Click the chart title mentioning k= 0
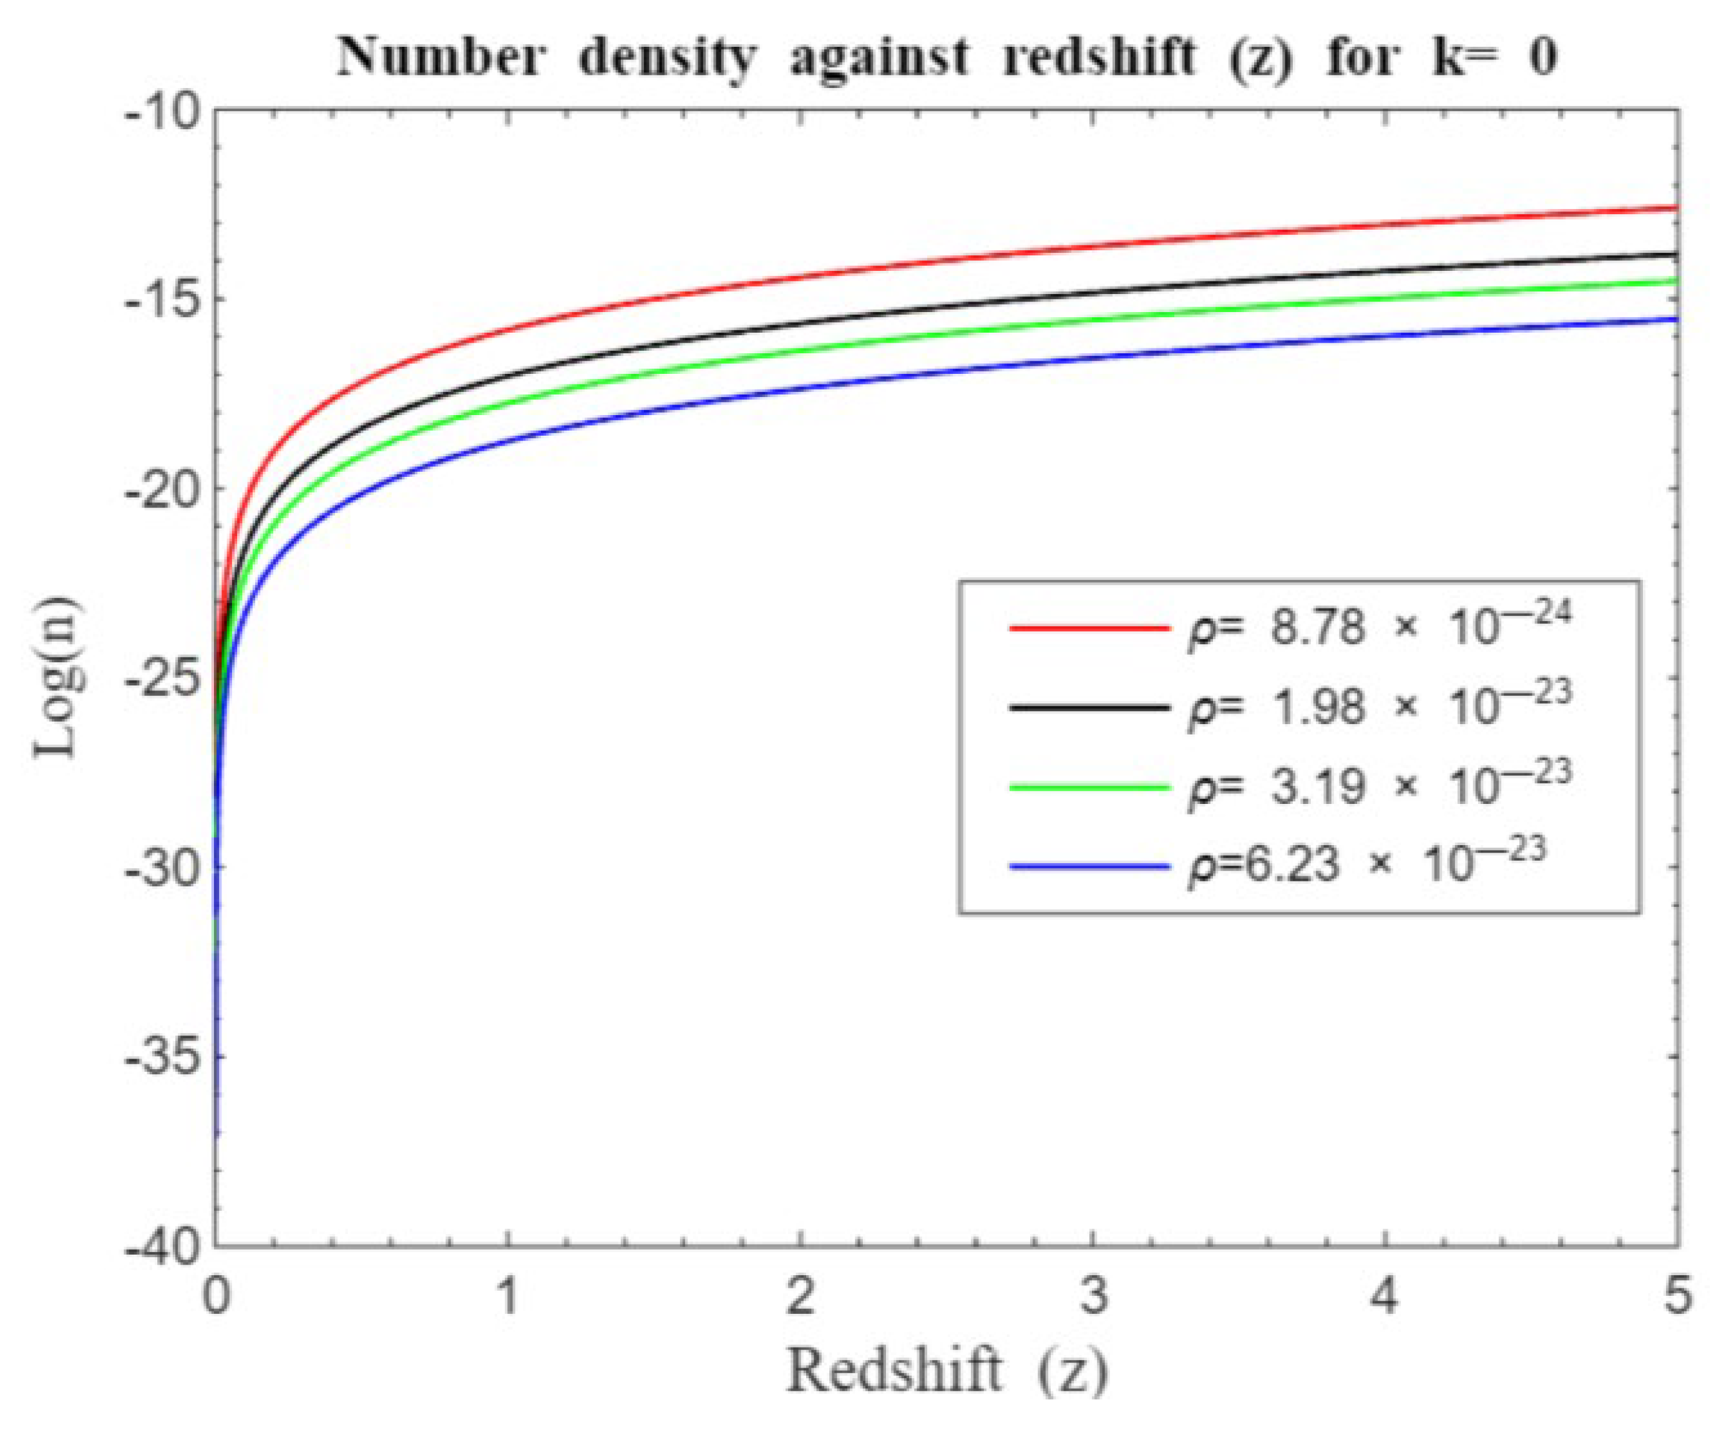point(947,59)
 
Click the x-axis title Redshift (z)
point(947,1369)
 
